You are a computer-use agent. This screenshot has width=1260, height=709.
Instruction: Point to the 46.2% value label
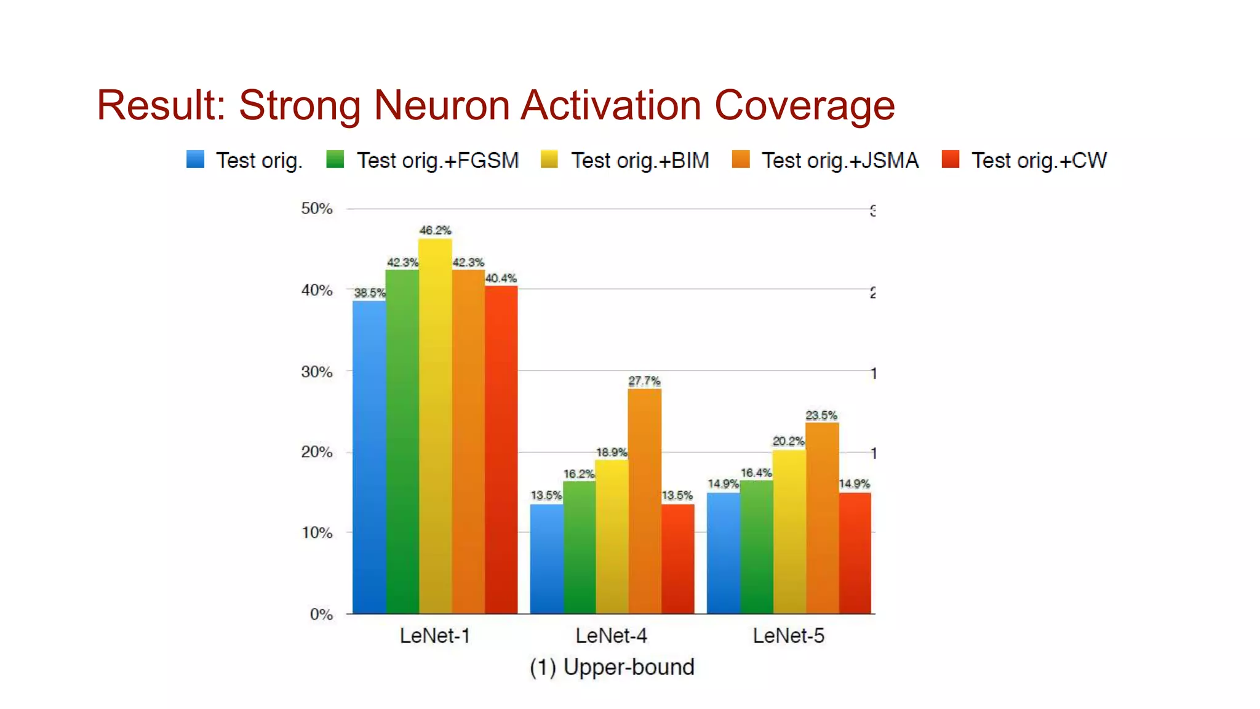(x=435, y=230)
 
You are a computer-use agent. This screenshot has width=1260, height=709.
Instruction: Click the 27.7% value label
(x=644, y=381)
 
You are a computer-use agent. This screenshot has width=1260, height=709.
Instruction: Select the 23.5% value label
(x=821, y=415)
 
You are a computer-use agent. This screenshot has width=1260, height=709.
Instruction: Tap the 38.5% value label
(x=369, y=293)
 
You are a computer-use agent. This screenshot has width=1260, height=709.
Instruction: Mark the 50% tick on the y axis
(x=317, y=209)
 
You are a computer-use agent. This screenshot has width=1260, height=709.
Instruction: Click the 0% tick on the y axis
(x=321, y=614)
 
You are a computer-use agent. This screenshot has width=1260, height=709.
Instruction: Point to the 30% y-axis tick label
(x=317, y=372)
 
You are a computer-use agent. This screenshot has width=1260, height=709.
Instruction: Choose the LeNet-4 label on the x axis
(x=611, y=636)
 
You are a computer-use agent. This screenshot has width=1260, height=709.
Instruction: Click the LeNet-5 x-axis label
(x=788, y=636)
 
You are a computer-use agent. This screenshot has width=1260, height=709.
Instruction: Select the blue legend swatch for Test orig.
(x=196, y=159)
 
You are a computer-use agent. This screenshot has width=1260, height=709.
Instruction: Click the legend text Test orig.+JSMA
(x=840, y=161)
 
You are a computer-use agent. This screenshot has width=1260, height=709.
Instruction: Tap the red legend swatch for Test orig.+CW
(x=951, y=159)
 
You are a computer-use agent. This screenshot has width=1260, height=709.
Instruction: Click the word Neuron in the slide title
(x=441, y=105)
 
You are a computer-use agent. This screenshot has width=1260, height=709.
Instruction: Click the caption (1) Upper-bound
(x=612, y=667)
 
